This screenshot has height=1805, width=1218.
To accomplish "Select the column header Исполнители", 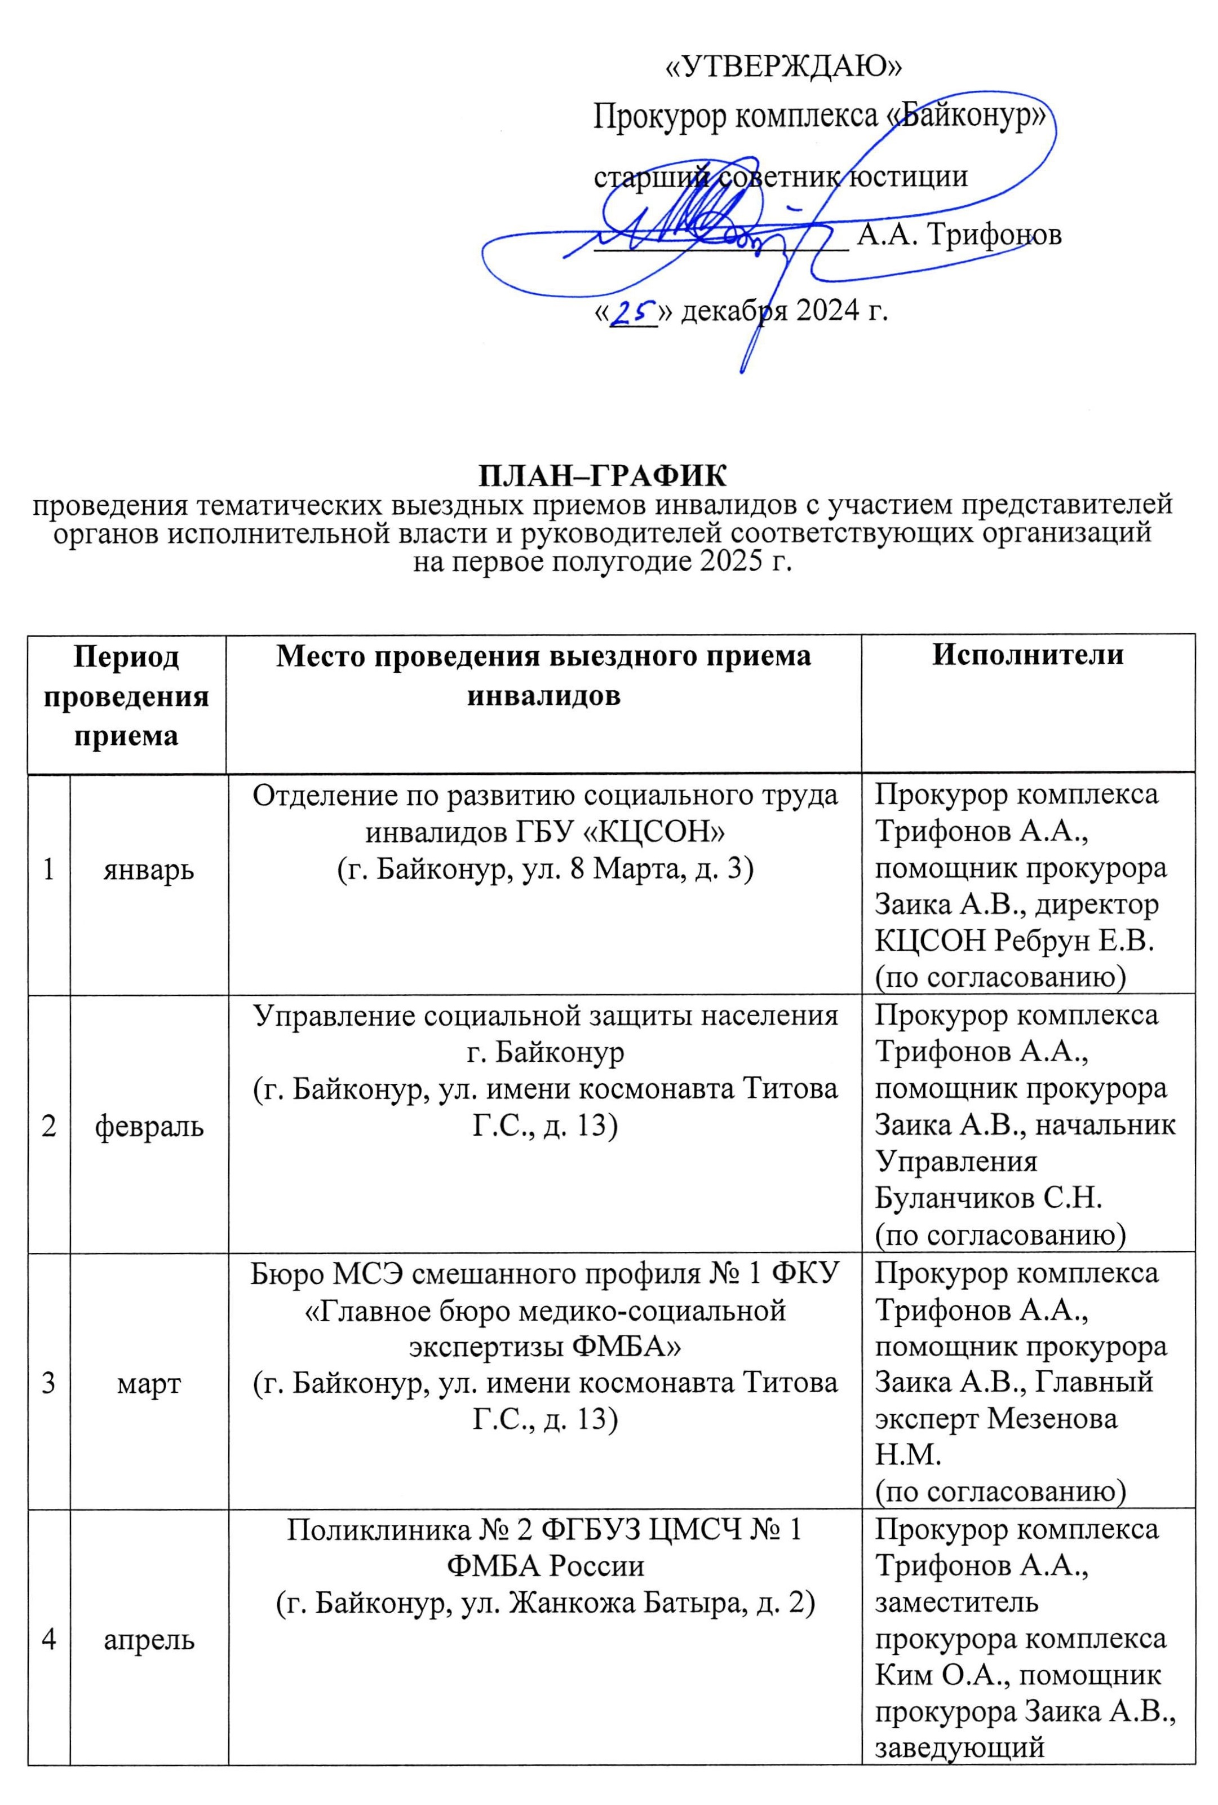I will pos(1028,655).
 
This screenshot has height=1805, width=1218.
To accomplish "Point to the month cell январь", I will pos(149,870).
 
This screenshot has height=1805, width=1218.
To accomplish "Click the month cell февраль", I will pos(149,1126).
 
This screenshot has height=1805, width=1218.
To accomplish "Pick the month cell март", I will pos(149,1383).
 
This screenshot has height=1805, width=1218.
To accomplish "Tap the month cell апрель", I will pos(149,1640).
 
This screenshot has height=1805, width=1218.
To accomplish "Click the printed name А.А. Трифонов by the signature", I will pos(959,235).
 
